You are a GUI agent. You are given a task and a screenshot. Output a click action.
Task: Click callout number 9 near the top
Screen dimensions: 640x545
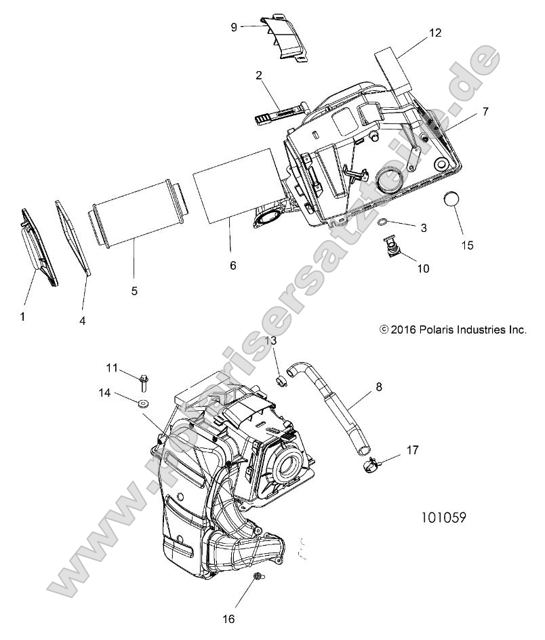(234, 26)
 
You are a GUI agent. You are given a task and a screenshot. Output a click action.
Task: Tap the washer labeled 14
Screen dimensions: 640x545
(142, 405)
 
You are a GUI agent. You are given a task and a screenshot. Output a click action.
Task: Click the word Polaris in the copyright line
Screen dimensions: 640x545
(433, 330)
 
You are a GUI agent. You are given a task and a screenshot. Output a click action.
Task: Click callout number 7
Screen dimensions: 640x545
(486, 110)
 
